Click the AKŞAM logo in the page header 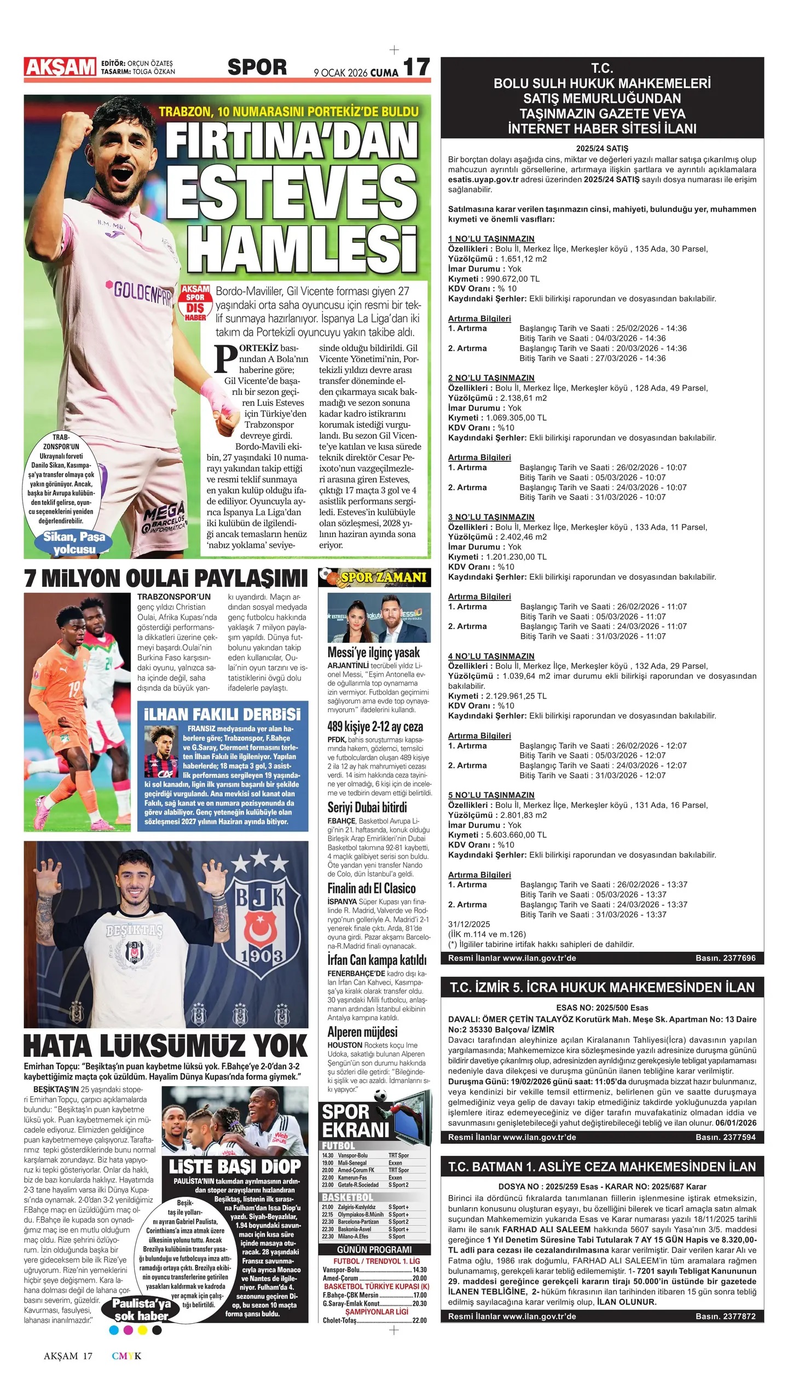[x=60, y=67]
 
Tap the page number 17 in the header [x=416, y=68]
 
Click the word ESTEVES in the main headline [x=292, y=196]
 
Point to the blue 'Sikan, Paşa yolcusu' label [x=74, y=543]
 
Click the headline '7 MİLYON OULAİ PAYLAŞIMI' [x=166, y=579]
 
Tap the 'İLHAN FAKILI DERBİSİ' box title [x=222, y=714]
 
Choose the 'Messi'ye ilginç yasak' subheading [x=374, y=653]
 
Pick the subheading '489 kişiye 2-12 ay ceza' [x=375, y=727]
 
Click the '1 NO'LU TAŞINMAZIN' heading [x=491, y=239]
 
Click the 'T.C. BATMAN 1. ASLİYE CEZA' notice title [x=602, y=1167]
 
